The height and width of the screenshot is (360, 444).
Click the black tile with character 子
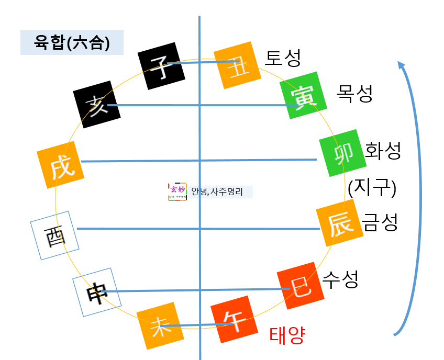[x=161, y=66]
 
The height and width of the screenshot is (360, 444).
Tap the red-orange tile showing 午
[x=234, y=321]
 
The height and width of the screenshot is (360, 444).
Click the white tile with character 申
[x=97, y=292]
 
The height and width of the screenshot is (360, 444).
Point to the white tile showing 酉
[x=55, y=234]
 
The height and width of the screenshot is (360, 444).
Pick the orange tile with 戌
[x=61, y=165]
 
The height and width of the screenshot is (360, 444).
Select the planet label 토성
[x=283, y=58]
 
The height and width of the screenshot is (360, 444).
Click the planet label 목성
[x=355, y=94]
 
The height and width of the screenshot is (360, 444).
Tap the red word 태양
[x=287, y=335]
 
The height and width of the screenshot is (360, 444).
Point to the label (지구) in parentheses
[x=371, y=187]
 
